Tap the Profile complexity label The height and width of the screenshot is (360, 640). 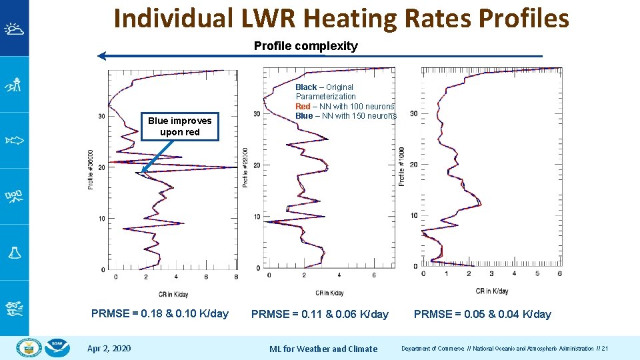(x=305, y=46)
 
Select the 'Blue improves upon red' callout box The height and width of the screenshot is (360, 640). (x=179, y=126)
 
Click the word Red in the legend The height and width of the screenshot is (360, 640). (x=303, y=107)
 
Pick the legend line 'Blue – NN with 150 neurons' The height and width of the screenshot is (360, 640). (x=345, y=116)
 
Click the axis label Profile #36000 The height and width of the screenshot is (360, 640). (x=91, y=169)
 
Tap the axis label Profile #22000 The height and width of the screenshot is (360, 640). (x=247, y=167)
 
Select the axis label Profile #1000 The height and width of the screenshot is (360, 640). (x=401, y=167)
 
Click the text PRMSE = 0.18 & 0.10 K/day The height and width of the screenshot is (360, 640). (x=160, y=314)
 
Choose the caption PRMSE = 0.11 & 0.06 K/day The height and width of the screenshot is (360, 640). (x=319, y=314)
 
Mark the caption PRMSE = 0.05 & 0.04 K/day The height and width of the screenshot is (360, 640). (x=482, y=314)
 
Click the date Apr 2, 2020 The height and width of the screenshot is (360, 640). (x=109, y=349)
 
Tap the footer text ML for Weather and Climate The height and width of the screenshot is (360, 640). (x=323, y=349)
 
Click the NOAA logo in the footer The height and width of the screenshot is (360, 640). (x=58, y=348)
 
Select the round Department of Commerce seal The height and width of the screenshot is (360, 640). (x=29, y=348)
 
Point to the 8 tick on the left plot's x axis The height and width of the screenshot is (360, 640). (x=236, y=277)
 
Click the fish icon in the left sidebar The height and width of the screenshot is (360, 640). (x=14, y=140)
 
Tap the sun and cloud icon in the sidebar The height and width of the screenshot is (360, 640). (x=14, y=29)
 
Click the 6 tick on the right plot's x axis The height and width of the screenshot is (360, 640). (x=559, y=273)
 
